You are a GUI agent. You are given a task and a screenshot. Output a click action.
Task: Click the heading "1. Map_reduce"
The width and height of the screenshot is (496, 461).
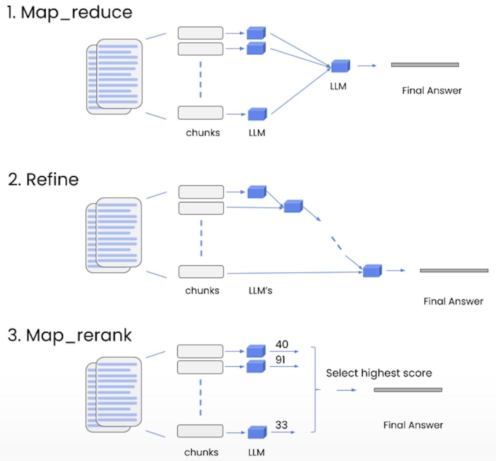pyautogui.click(x=70, y=13)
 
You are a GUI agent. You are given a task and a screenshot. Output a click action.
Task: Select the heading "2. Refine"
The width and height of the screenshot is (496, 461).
pyautogui.click(x=44, y=180)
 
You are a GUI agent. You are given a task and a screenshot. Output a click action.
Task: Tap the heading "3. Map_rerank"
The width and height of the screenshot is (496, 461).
pyautogui.click(x=70, y=335)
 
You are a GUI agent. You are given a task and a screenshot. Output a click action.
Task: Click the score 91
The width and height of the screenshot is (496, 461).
pyautogui.click(x=280, y=360)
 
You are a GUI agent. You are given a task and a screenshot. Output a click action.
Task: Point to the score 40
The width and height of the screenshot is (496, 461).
pyautogui.click(x=282, y=344)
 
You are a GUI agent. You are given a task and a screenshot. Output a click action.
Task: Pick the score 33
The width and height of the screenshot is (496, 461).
pyautogui.click(x=281, y=425)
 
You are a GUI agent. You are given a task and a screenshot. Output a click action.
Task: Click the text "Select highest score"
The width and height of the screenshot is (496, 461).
pyautogui.click(x=379, y=373)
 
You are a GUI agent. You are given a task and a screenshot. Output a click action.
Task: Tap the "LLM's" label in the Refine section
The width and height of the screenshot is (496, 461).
pyautogui.click(x=260, y=291)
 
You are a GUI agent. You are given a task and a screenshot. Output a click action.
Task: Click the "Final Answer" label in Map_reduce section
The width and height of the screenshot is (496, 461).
pyautogui.click(x=431, y=91)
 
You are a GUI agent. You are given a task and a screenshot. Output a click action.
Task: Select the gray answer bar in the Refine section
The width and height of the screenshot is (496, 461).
pyautogui.click(x=454, y=271)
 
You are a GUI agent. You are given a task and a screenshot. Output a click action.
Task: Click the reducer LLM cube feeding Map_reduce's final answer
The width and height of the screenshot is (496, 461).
pyautogui.click(x=340, y=66)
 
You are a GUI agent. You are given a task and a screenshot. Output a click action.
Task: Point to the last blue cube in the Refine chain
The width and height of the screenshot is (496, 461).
pyautogui.click(x=372, y=271)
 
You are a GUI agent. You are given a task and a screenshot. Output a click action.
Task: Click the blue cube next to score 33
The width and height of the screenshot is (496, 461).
pyautogui.click(x=257, y=432)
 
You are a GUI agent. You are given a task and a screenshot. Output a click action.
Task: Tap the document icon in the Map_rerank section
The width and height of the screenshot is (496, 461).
pyautogui.click(x=114, y=394)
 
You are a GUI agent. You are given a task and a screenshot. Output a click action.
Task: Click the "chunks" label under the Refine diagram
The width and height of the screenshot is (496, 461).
pyautogui.click(x=202, y=291)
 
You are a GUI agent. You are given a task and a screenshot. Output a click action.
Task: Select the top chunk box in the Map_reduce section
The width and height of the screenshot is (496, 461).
pyautogui.click(x=200, y=33)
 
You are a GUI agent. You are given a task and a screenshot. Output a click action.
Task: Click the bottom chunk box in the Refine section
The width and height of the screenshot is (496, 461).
pyautogui.click(x=201, y=272)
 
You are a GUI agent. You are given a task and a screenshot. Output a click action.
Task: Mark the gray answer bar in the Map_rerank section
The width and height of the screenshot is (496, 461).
pyautogui.click(x=408, y=390)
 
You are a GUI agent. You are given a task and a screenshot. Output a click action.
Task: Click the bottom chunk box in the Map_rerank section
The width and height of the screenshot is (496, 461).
pyautogui.click(x=200, y=431)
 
